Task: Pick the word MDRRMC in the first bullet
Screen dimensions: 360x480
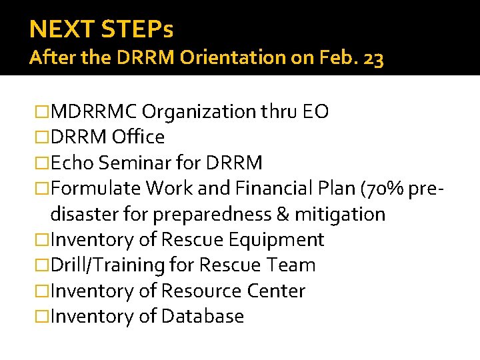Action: (94, 111)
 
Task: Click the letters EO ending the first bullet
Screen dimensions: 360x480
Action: (315, 111)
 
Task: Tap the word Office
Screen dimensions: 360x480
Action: (139, 137)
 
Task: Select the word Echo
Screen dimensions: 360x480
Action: (70, 163)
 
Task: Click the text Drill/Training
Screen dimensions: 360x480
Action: (107, 265)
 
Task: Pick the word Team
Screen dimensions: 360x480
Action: (291, 265)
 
